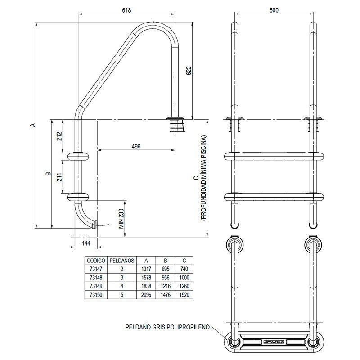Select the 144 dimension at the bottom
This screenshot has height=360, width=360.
(x=86, y=243)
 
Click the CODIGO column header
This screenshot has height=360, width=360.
(x=96, y=260)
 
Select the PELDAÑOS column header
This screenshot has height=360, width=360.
(x=121, y=260)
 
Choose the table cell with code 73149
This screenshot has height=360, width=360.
(x=96, y=285)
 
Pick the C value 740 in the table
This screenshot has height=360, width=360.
(x=184, y=269)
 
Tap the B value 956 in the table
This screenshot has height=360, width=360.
(x=165, y=277)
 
